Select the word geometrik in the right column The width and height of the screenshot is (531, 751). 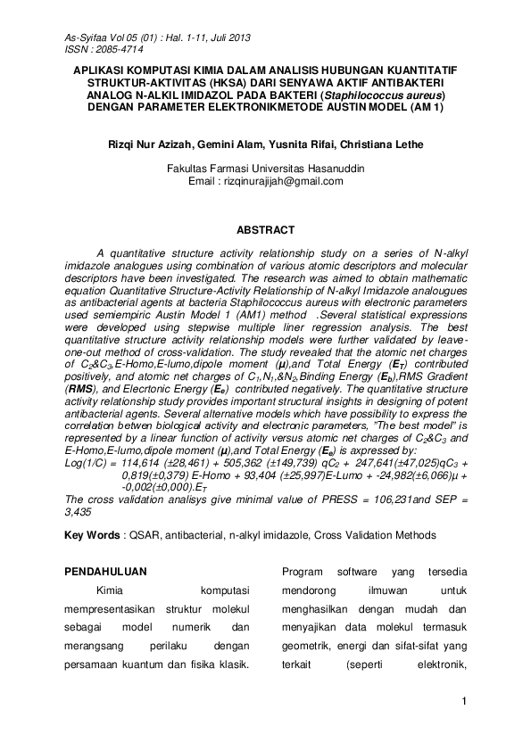pyautogui.click(x=308, y=646)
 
